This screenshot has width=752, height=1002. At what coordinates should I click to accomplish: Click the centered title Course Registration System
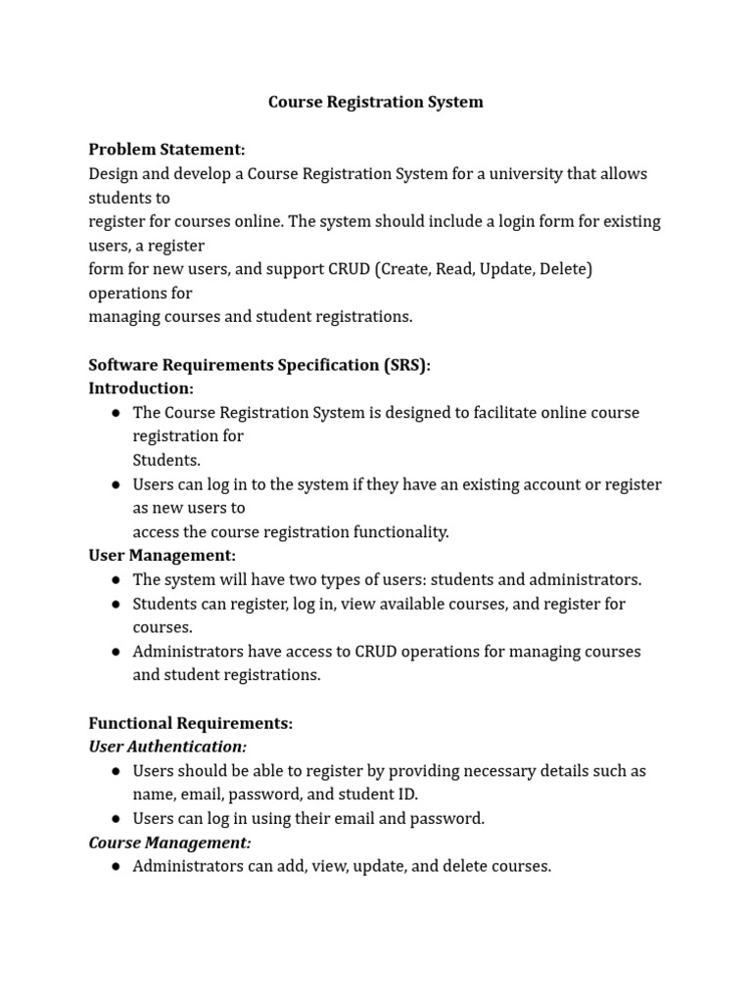(x=376, y=102)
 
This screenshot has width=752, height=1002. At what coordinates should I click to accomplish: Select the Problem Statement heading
(x=166, y=150)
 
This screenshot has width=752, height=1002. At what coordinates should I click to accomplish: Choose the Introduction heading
(x=141, y=388)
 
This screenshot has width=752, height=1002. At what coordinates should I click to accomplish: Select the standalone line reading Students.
(x=166, y=460)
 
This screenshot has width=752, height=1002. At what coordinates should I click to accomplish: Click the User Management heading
(x=162, y=556)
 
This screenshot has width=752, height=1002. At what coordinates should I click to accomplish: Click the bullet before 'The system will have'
(x=116, y=580)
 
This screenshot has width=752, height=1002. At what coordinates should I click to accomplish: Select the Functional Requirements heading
(x=190, y=723)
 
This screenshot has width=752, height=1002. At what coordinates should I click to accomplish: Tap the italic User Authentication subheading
(x=167, y=747)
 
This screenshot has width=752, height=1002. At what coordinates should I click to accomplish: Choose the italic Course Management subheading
(x=169, y=843)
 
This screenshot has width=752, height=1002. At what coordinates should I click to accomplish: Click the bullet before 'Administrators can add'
(x=116, y=867)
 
